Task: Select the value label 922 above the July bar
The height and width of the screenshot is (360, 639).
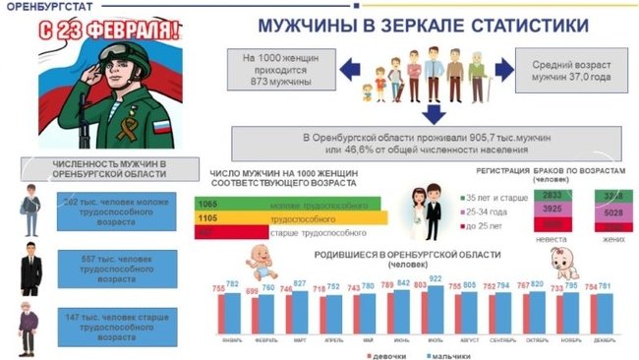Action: point(435,278)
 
